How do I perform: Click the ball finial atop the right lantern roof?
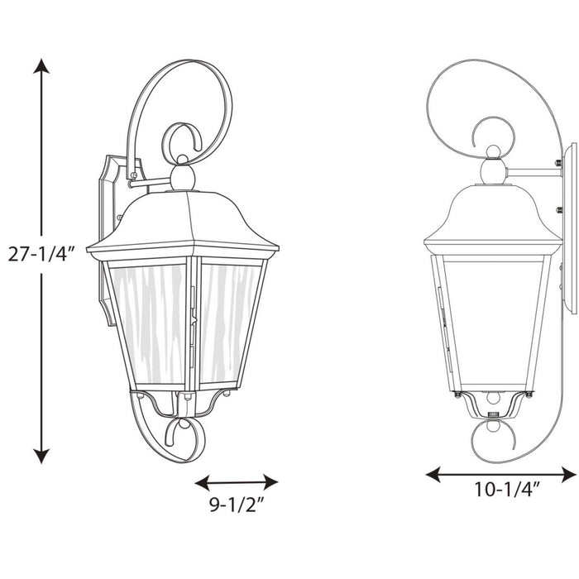point(493,171)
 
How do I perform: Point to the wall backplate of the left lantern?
point(108,240)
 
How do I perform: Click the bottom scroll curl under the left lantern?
point(184,434)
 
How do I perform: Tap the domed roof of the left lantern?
point(183,218)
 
